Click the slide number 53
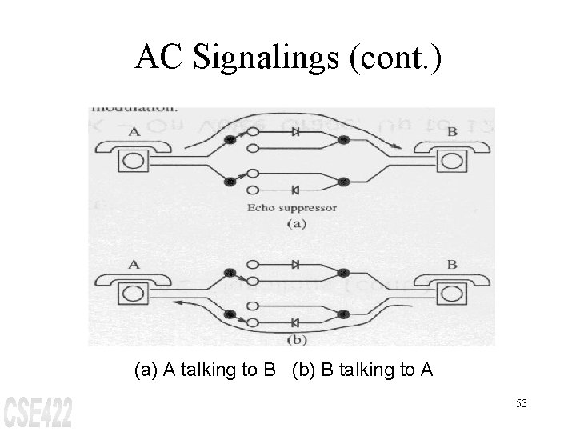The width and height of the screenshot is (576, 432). pyautogui.click(x=522, y=403)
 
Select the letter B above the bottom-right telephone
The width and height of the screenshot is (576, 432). pyautogui.click(x=452, y=264)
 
